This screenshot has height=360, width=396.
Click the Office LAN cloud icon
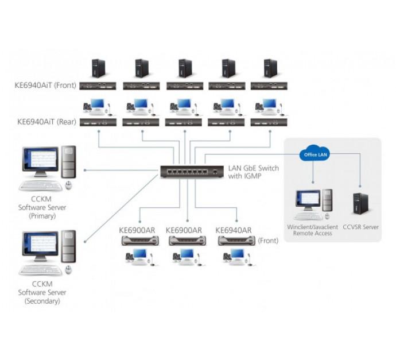tap(313, 154)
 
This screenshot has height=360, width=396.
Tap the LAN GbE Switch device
tap(188, 172)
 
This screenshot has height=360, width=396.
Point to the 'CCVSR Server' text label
tap(360, 227)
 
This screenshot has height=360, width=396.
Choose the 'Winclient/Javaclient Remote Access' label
tap(313, 230)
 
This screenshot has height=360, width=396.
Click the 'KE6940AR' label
tap(234, 230)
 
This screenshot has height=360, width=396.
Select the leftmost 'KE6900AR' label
tap(136, 230)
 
